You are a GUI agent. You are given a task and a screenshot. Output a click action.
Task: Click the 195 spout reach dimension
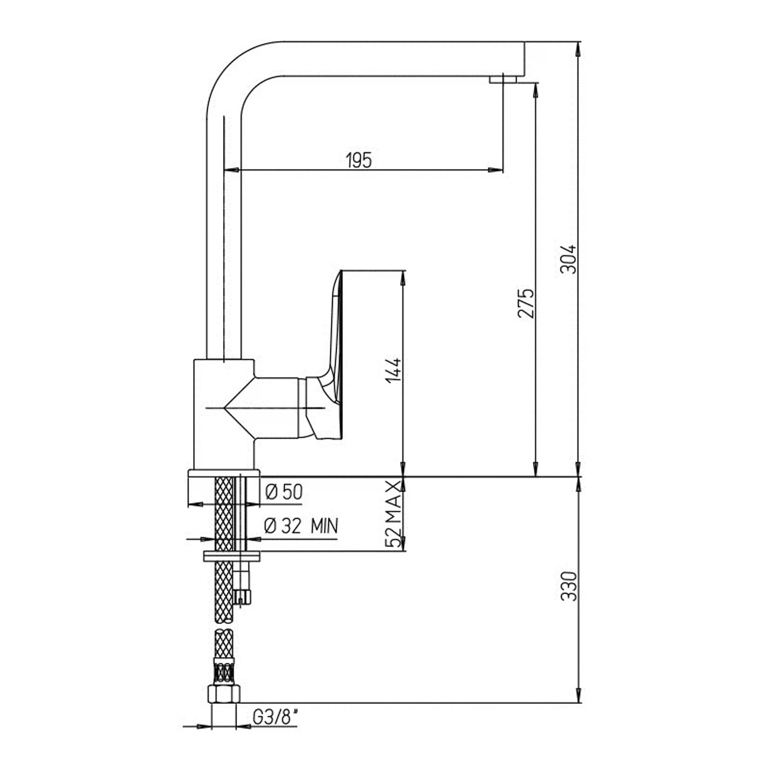pyautogui.click(x=359, y=160)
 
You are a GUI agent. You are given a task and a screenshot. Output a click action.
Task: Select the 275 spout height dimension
pyautogui.click(x=526, y=303)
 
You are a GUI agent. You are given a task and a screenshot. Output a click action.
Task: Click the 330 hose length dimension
pyautogui.click(x=569, y=586)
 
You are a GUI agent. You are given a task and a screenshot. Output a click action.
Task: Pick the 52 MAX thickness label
pyautogui.click(x=393, y=514)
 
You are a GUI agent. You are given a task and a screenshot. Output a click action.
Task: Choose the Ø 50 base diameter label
pyautogui.click(x=284, y=492)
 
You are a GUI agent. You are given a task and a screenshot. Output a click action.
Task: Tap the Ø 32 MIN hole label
pyautogui.click(x=301, y=526)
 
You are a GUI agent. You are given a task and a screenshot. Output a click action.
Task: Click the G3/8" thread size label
pyautogui.click(x=275, y=717)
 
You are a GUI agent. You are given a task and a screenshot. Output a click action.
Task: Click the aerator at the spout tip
pyautogui.click(x=503, y=79)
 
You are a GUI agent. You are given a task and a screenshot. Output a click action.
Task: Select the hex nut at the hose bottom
pyautogui.click(x=224, y=693)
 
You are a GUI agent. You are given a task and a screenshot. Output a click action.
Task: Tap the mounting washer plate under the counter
pyautogui.click(x=231, y=556)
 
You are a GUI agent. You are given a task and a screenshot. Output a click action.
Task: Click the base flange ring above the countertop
pyautogui.click(x=224, y=473)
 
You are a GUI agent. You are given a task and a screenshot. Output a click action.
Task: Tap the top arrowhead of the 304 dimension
pyautogui.click(x=578, y=48)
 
